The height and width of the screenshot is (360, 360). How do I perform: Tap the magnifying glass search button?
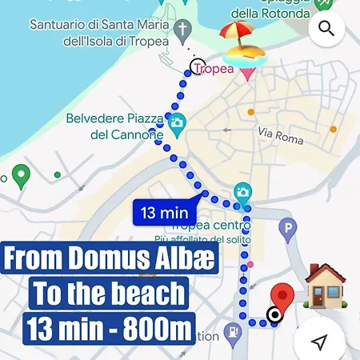[x=326, y=29]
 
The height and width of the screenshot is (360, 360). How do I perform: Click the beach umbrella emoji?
[x=241, y=45]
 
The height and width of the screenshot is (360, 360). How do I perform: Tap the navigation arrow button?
[x=320, y=342]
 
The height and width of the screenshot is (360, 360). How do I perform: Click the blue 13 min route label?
[x=164, y=213]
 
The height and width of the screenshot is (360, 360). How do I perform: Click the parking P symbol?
[x=287, y=232]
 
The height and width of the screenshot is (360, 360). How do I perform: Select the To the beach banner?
[x=110, y=294]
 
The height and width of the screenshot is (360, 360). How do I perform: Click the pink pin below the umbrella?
[x=246, y=74]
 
